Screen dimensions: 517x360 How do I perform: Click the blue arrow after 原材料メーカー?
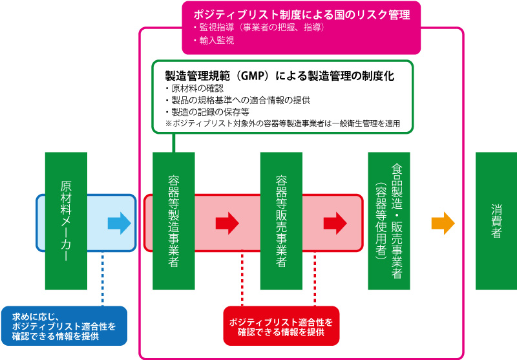pyautogui.click(x=120, y=223)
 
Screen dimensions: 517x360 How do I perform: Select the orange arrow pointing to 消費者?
pyautogui.click(x=443, y=223)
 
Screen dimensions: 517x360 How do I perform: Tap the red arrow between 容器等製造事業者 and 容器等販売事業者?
pyautogui.click(x=227, y=223)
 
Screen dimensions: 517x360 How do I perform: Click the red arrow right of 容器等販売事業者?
pyautogui.click(x=335, y=223)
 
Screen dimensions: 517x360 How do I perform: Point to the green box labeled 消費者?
pyautogui.click(x=496, y=221)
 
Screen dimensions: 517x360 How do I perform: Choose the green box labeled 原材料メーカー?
pyautogui.click(x=66, y=221)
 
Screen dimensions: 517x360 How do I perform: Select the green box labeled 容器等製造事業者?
pyautogui.click(x=173, y=221)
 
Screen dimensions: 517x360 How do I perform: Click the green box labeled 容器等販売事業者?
pyautogui.click(x=281, y=221)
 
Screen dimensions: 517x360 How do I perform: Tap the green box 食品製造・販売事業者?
pyautogui.click(x=389, y=221)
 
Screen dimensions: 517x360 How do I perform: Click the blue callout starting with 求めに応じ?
pyautogui.click(x=64, y=326)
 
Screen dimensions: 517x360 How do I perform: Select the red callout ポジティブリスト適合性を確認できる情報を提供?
pyautogui.click(x=281, y=326)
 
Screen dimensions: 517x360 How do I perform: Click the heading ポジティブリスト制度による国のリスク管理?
pyautogui.click(x=302, y=15)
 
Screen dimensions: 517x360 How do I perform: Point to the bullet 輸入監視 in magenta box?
pyautogui.click(x=214, y=40)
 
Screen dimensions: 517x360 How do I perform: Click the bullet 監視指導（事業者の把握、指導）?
pyautogui.click(x=260, y=27)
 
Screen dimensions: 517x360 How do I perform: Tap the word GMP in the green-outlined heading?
pyautogui.click(x=252, y=76)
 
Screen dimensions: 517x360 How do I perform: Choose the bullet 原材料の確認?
pyautogui.click(x=195, y=89)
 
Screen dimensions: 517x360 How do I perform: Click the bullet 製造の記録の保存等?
pyautogui.click(x=207, y=112)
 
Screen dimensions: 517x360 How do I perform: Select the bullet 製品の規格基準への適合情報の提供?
pyautogui.click(x=238, y=100)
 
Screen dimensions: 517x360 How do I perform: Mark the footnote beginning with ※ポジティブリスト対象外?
pyautogui.click(x=282, y=123)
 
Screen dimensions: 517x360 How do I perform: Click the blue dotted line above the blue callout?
pyautogui.click(x=103, y=279)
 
